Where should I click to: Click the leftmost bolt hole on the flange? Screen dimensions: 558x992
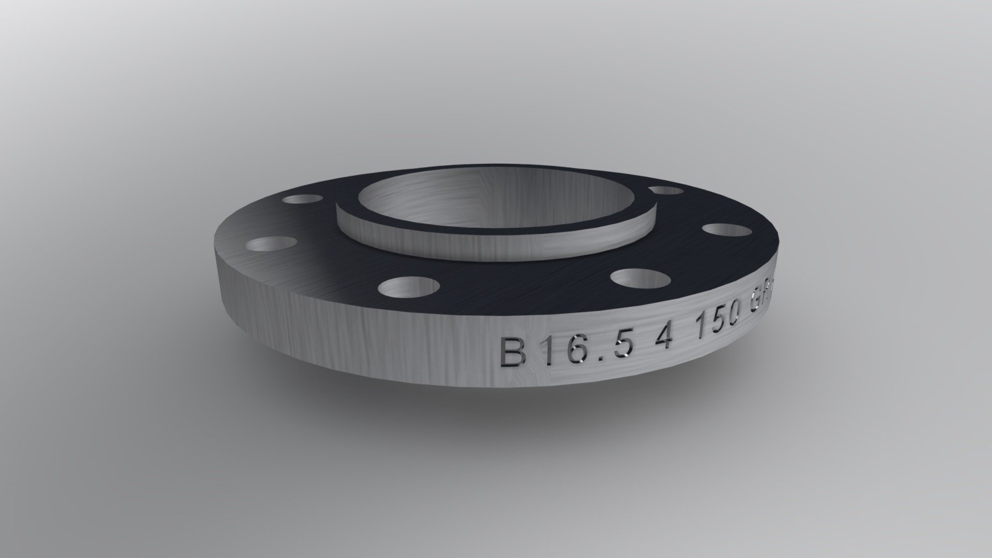pos(271,246)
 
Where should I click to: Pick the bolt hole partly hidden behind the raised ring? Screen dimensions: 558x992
pos(667,191)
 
